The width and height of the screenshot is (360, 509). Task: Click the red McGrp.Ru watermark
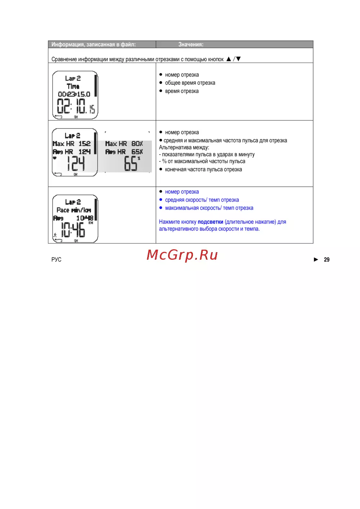pyautogui.click(x=182, y=255)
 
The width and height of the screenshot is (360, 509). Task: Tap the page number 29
pyautogui.click(x=327, y=259)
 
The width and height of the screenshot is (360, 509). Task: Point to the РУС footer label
pyautogui.click(x=56, y=259)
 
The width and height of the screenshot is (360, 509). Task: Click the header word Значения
pyautogui.click(x=190, y=44)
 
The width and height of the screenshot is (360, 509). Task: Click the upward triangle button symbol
pyautogui.click(x=229, y=59)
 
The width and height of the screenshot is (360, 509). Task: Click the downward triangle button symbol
pyautogui.click(x=238, y=59)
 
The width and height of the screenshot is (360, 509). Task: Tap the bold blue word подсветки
pyautogui.click(x=210, y=222)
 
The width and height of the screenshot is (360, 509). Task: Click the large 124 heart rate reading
pyautogui.click(x=76, y=163)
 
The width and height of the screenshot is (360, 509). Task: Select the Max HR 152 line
pyautogui.click(x=72, y=144)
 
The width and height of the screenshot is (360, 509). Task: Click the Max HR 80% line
pyautogui.click(x=124, y=144)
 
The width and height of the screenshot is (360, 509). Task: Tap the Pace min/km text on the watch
pyautogui.click(x=74, y=210)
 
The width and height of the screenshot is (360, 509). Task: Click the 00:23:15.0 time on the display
pyautogui.click(x=74, y=94)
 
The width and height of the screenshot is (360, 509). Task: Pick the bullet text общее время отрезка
pyautogui.click(x=190, y=83)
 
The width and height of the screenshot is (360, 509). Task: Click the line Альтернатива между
pyautogui.click(x=184, y=147)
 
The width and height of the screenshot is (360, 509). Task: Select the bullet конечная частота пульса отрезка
pyautogui.click(x=203, y=169)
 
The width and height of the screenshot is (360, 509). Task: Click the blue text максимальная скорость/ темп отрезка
pyautogui.click(x=209, y=208)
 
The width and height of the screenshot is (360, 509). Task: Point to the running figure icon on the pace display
pyautogui.click(x=55, y=235)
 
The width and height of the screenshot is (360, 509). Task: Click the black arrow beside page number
pyautogui.click(x=316, y=259)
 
